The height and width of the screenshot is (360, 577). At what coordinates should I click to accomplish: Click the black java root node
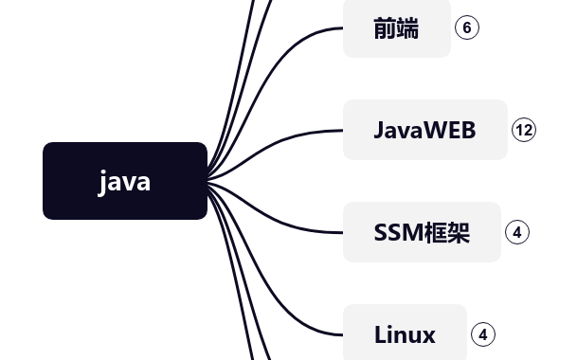pyautogui.click(x=124, y=181)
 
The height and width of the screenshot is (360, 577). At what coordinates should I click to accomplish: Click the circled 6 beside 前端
pyautogui.click(x=466, y=27)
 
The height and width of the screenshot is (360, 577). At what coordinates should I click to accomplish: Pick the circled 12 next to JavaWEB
pyautogui.click(x=524, y=130)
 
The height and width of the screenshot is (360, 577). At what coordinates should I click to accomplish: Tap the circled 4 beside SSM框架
pyautogui.click(x=516, y=232)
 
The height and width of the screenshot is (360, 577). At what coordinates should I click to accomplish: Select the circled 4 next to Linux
pyautogui.click(x=482, y=334)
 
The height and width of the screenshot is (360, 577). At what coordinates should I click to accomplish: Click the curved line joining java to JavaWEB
pyautogui.click(x=284, y=138)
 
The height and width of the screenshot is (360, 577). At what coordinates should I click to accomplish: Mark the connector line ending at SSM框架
pyautogui.click(x=284, y=224)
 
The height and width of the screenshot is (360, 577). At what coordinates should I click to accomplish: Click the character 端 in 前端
pyautogui.click(x=408, y=28)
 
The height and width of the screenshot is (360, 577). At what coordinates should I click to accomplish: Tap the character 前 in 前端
pyautogui.click(x=385, y=28)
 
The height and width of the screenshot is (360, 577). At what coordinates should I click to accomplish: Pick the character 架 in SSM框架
pyautogui.click(x=459, y=232)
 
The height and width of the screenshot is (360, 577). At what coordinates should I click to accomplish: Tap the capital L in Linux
pyautogui.click(x=380, y=334)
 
